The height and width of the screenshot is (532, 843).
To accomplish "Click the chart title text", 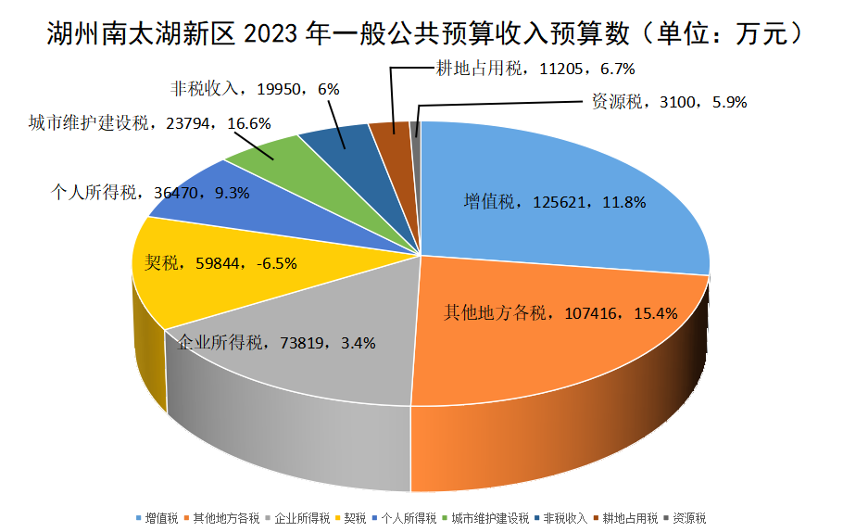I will click(x=421, y=34).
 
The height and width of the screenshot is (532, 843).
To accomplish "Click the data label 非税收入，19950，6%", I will click(x=256, y=89).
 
